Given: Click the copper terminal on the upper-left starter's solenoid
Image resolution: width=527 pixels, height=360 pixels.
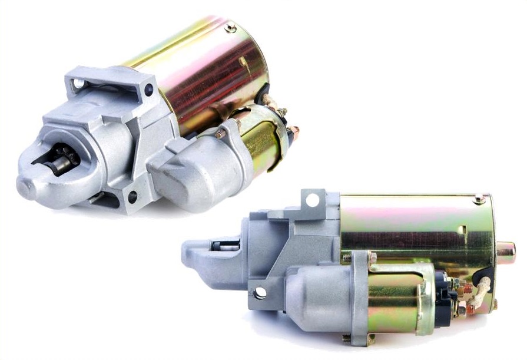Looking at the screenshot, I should click(294, 133).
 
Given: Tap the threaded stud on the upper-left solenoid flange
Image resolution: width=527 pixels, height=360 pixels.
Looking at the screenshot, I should click(221, 133).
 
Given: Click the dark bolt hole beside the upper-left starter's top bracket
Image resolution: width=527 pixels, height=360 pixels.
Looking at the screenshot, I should click(148, 90).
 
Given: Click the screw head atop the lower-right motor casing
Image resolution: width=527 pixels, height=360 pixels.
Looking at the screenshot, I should click(480, 199).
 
